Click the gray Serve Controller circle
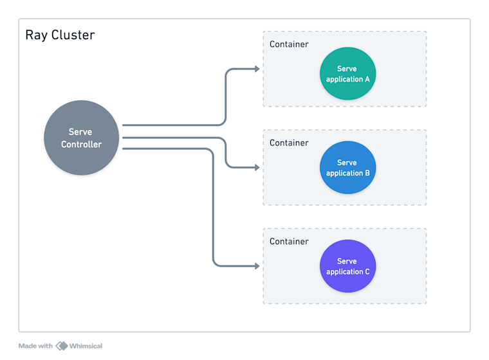pyautogui.click(x=81, y=138)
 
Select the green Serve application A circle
pyautogui.click(x=347, y=73)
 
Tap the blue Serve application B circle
pyautogui.click(x=347, y=167)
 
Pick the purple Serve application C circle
pyautogui.click(x=347, y=266)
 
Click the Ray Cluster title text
pyautogui.click(x=60, y=35)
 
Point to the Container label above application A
pyautogui.click(x=289, y=44)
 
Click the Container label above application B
pyautogui.click(x=289, y=143)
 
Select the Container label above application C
pyautogui.click(x=289, y=241)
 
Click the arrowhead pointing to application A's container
pyautogui.click(x=257, y=68)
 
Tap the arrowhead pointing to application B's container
pyautogui.click(x=257, y=167)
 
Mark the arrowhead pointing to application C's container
pyautogui.click(x=257, y=265)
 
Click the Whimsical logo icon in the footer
pyautogui.click(x=62, y=346)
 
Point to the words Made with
pyautogui.click(x=35, y=346)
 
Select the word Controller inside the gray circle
pyautogui.click(x=81, y=145)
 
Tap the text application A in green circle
pyautogui.click(x=347, y=79)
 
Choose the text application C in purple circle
pyautogui.click(x=347, y=271)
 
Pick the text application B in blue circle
pyautogui.click(x=347, y=173)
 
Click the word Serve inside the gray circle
pyautogui.click(x=80, y=132)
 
